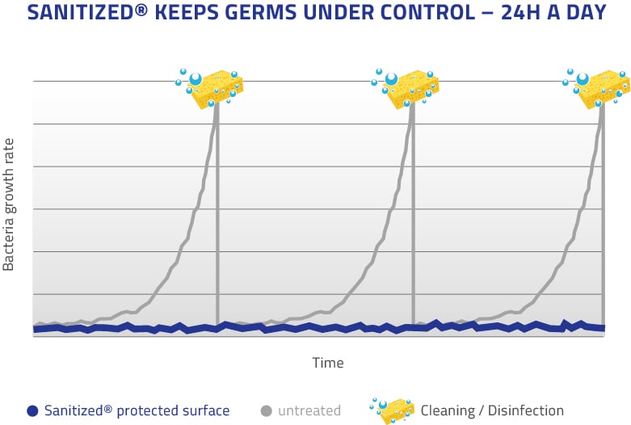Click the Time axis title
tap(328, 363)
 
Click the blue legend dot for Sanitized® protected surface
tap(32, 410)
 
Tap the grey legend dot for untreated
tap(266, 410)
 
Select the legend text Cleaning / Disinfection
tap(492, 410)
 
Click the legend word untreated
tap(309, 410)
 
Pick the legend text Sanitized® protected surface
tap(137, 410)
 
